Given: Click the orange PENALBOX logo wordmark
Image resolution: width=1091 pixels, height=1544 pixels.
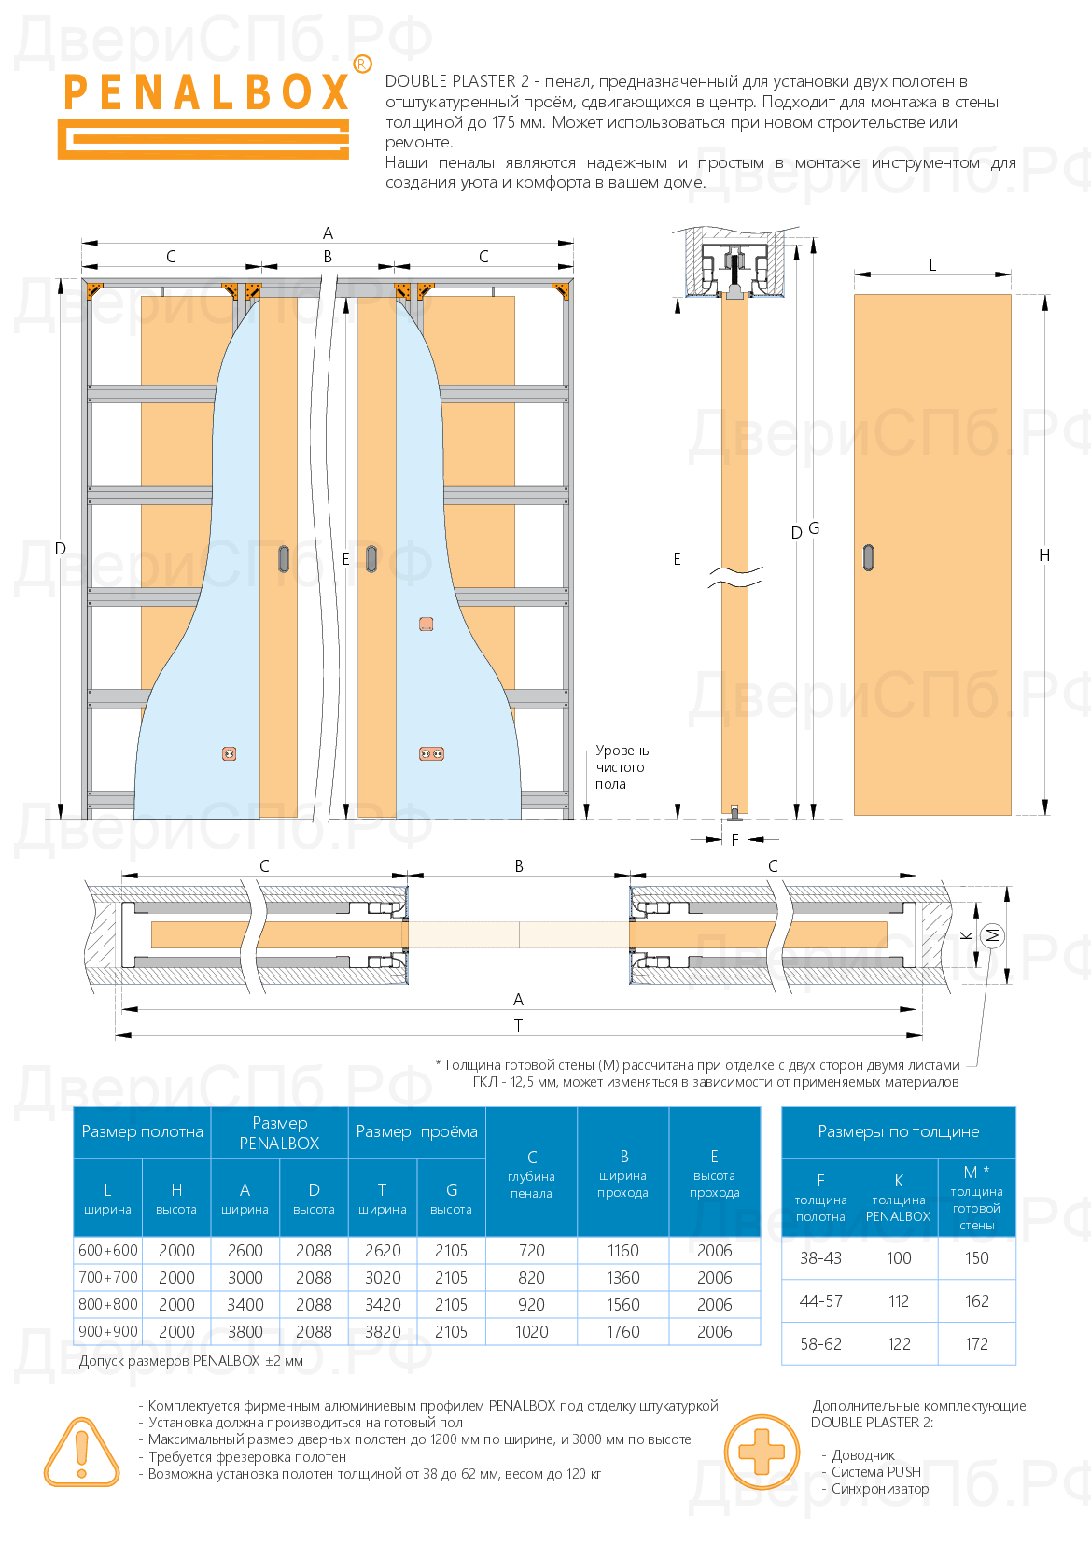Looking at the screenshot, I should [205, 93].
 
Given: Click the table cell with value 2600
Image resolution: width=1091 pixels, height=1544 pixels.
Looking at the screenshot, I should [245, 1251].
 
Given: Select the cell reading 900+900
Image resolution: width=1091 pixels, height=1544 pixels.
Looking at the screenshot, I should [108, 1332].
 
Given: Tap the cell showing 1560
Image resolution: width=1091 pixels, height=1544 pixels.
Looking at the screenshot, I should [622, 1305].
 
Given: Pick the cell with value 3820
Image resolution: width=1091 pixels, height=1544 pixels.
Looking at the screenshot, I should [383, 1332].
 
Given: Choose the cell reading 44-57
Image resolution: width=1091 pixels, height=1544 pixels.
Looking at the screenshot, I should [820, 1301].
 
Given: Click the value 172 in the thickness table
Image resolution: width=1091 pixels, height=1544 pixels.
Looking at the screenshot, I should [976, 1344].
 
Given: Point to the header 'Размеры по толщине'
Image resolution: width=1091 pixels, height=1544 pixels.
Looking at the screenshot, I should [898, 1131].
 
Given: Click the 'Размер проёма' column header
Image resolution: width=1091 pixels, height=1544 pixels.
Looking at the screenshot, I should [416, 1131].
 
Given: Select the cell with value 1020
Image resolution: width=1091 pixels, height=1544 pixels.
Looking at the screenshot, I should [531, 1332].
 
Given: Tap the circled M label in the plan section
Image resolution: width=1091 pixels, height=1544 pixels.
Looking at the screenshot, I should [993, 935].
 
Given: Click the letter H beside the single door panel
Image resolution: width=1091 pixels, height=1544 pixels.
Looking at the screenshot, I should [1044, 555].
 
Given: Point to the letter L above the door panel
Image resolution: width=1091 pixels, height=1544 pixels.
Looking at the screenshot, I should [932, 265].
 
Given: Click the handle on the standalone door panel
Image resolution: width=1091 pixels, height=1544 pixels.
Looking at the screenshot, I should [869, 556].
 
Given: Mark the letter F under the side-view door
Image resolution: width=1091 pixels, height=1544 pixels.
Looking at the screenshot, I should [734, 840].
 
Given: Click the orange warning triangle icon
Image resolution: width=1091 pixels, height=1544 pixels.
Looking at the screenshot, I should [81, 1453].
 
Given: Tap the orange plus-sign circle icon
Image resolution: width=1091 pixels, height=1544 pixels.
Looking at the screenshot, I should [762, 1453].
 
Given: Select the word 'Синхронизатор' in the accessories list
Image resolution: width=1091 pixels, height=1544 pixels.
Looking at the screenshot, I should [880, 1489].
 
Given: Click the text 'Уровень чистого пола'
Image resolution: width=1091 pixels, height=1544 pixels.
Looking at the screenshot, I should [621, 767].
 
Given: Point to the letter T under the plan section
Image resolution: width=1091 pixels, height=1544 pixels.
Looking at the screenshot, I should [519, 1026].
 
